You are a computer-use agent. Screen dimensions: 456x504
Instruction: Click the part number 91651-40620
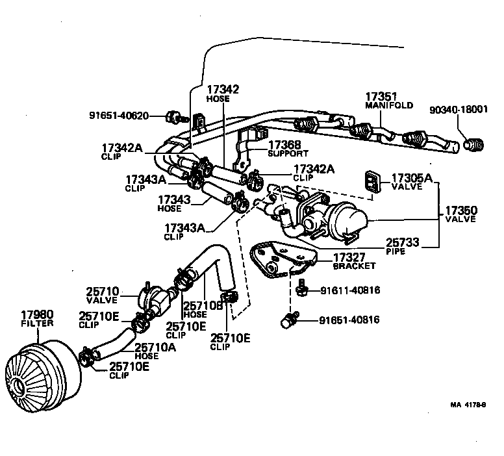pos(119,116)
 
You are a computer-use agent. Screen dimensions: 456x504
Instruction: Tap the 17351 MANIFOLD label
pos(388,99)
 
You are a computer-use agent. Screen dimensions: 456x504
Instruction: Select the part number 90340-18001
pos(458,110)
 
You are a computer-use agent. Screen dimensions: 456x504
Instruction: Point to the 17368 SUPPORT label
pos(288,149)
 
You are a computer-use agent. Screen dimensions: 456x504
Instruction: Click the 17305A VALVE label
pos(411,181)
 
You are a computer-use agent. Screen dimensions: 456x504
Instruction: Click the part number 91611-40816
pos(349,290)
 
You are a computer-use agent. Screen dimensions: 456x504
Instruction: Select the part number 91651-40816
pos(349,320)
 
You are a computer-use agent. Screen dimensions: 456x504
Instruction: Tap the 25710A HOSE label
pos(156,351)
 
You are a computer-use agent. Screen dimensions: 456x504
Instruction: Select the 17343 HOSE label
pos(173,203)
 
